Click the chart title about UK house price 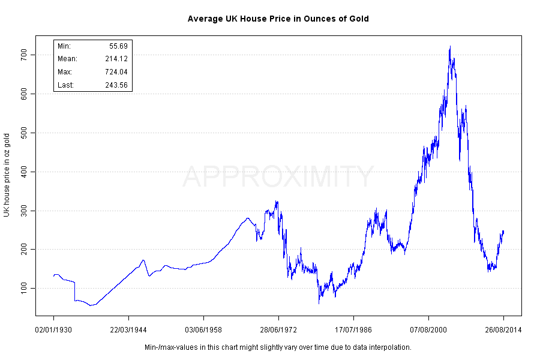278,19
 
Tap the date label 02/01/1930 53,330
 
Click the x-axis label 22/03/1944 128,330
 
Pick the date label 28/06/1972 278,330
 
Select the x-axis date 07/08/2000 428,330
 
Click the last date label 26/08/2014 503,330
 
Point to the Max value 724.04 115,72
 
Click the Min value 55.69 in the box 118,46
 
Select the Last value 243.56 115,85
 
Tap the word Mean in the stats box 67,59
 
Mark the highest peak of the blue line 450,47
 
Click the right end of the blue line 503,232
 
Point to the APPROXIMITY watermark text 278,177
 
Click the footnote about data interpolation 278,347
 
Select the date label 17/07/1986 353,330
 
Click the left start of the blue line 53,276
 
